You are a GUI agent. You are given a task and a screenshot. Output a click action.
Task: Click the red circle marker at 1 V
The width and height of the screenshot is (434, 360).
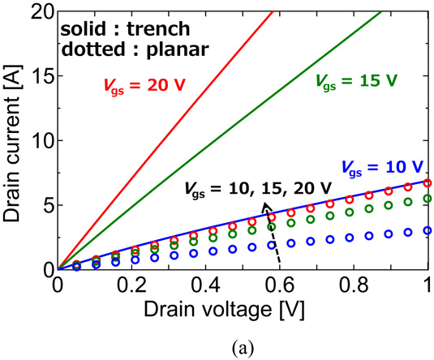[427, 183]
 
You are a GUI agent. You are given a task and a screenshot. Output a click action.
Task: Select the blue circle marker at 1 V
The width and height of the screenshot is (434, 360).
[427, 230]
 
